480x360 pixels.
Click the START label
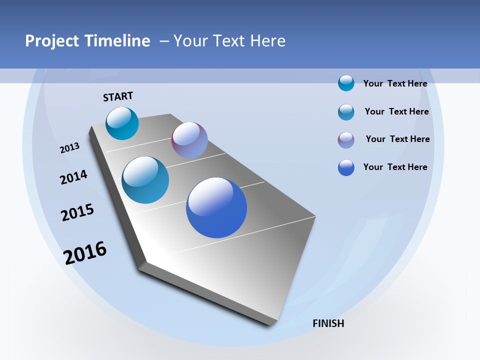click(118, 96)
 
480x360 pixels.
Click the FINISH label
click(328, 323)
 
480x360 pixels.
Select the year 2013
click(69, 148)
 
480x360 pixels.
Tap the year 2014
click(73, 177)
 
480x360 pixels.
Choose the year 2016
click(85, 253)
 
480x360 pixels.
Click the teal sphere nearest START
click(122, 123)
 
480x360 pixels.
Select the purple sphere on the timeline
click(189, 140)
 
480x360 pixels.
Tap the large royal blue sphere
click(216, 207)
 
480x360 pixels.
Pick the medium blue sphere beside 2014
click(145, 180)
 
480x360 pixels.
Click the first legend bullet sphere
click(346, 83)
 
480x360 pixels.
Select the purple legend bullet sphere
click(346, 140)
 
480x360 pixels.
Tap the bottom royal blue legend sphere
click(346, 167)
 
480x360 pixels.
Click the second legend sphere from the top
click(346, 112)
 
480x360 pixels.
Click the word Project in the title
click(51, 41)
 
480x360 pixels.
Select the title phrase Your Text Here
click(229, 41)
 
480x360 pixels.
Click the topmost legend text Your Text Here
click(395, 83)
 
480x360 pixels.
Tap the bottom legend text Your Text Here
click(395, 167)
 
